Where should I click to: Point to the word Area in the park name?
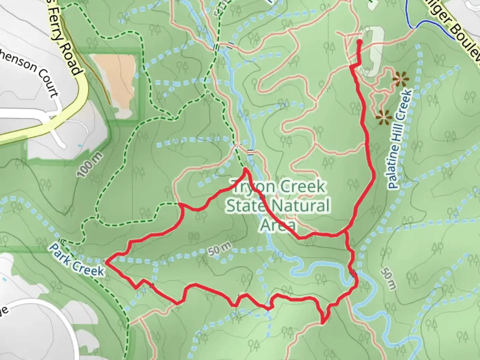coord(278,225)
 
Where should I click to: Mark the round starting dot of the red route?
coord(360,42)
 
